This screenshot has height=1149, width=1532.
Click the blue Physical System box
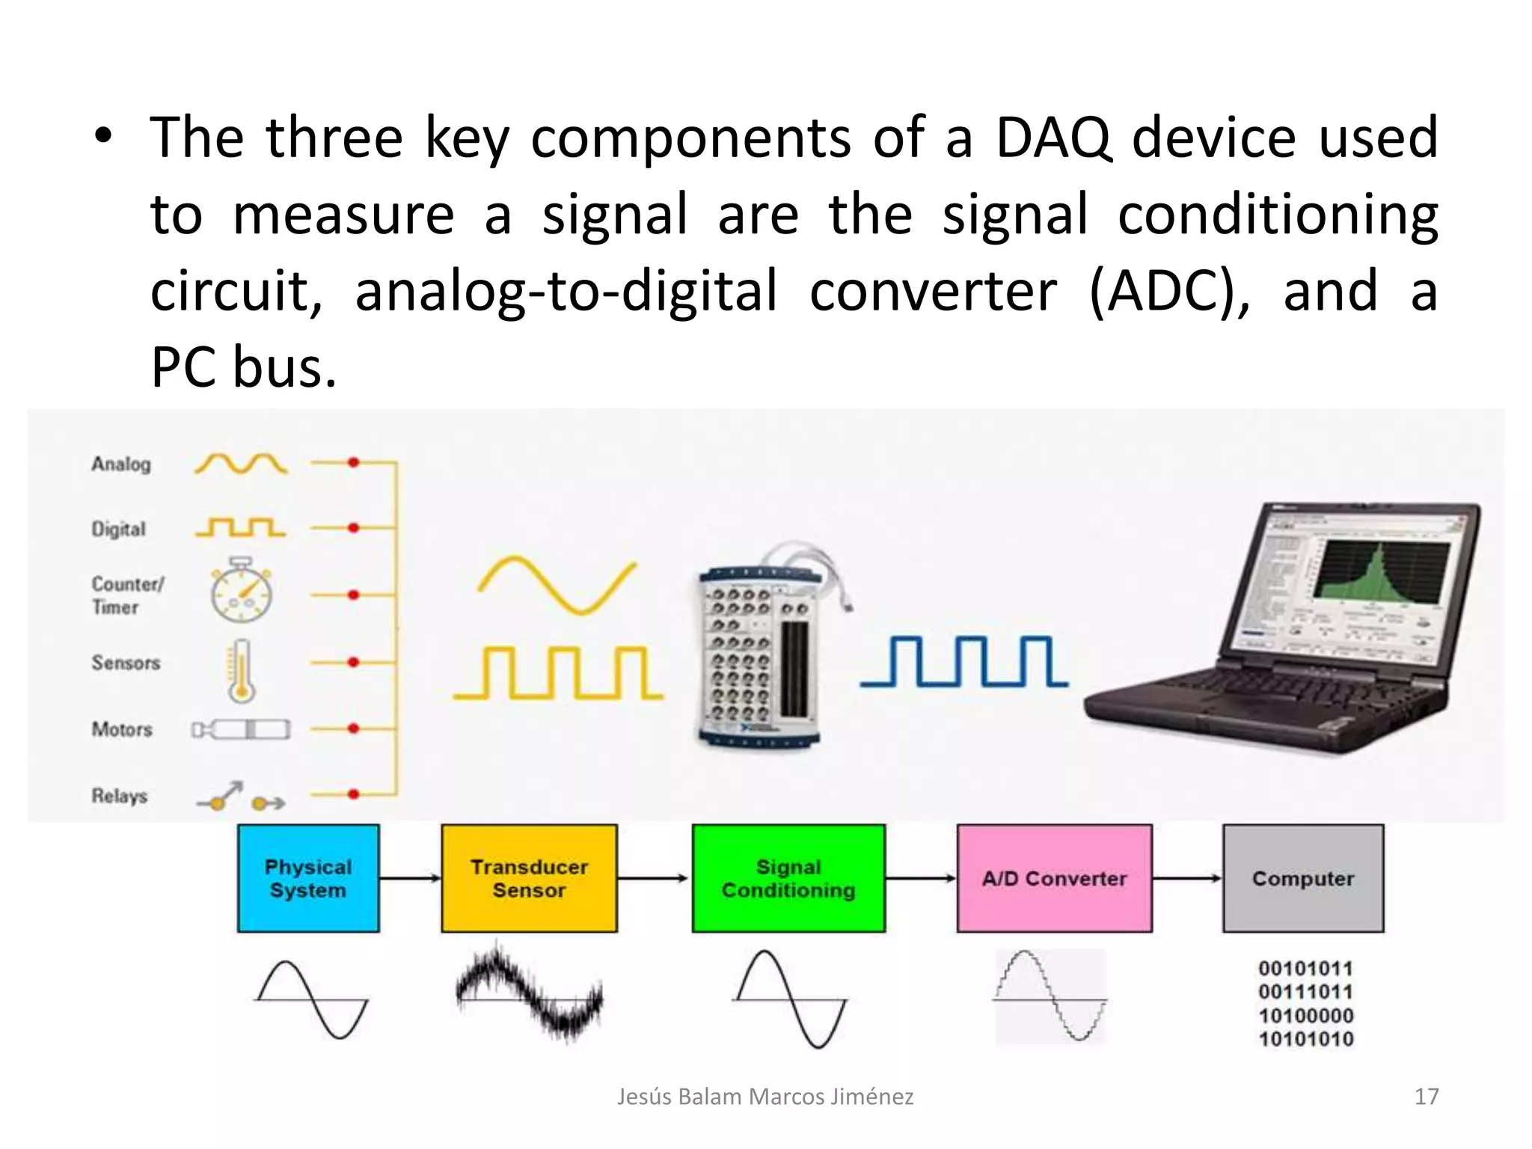308,878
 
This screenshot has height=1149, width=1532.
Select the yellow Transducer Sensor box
529,878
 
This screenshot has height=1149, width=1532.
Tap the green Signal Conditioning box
788,878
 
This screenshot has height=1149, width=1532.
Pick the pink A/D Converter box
1054,878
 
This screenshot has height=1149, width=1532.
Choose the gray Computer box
1303,878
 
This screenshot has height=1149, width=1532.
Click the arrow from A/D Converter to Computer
1187,878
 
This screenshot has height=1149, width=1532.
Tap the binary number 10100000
1305,1016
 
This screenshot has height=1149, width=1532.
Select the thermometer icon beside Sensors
241,671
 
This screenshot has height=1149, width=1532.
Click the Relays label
120,796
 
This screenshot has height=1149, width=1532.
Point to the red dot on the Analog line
354,462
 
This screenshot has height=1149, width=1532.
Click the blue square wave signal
965,661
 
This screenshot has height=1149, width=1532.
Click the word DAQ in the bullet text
1053,138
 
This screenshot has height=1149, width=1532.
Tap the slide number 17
1427,1097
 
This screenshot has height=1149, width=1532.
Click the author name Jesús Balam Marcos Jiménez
765,1097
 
